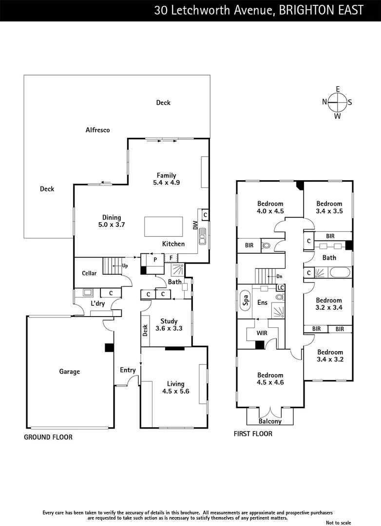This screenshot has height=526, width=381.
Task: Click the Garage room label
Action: click(70, 372)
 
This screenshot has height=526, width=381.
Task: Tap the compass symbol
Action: click(337, 102)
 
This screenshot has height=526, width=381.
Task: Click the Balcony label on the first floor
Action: click(270, 421)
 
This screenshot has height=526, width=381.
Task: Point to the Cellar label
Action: click(89, 273)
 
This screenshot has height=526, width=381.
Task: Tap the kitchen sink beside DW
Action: click(202, 238)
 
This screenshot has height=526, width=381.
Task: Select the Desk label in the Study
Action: click(145, 331)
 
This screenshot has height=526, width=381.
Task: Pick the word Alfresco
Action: click(97, 130)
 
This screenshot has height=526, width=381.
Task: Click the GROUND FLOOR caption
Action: click(48, 437)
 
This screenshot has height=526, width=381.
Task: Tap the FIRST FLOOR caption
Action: click(253, 434)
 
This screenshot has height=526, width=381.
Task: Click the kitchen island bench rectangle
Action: click(163, 226)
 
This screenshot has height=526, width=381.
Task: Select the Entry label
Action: click(128, 370)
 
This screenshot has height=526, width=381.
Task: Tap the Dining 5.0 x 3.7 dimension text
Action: click(111, 225)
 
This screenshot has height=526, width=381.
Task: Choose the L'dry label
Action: click(98, 304)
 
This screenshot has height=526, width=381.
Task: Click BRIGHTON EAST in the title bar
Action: click(321, 10)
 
